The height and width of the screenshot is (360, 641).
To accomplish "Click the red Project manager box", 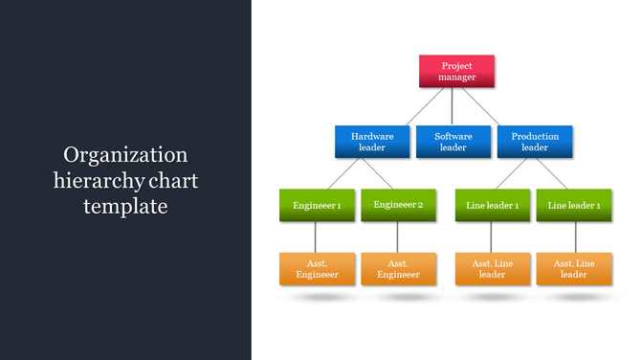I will (456, 71).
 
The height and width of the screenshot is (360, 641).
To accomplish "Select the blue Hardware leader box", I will (372, 142).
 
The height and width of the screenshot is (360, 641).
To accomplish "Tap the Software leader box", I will (453, 142).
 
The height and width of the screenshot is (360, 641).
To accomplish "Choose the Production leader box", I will (535, 142).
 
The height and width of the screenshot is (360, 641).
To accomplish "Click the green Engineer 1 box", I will (317, 206).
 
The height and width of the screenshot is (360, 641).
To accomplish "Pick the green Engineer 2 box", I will (398, 206).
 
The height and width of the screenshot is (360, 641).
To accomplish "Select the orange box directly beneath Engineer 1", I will (317, 269).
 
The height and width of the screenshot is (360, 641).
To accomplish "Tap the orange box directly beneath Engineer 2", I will (398, 269).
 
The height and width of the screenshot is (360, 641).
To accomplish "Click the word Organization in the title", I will (125, 155).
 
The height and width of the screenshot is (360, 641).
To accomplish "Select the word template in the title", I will (125, 205).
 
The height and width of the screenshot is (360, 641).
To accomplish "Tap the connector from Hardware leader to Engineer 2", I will (377, 174).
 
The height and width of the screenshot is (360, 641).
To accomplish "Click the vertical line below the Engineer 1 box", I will (316, 237).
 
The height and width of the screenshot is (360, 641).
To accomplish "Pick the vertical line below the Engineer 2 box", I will (397, 237).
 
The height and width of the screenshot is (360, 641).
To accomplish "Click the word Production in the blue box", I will (535, 137).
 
